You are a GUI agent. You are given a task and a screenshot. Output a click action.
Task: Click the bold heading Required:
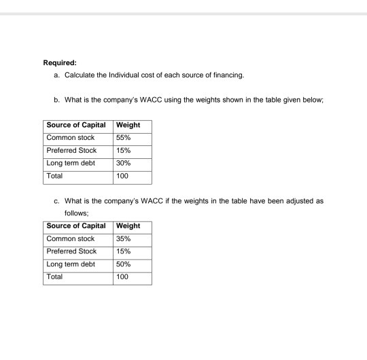(60, 65)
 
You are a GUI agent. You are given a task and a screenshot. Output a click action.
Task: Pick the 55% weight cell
(124, 138)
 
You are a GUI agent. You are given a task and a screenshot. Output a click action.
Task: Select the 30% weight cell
(124, 163)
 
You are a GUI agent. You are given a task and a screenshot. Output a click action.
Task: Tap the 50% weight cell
(124, 265)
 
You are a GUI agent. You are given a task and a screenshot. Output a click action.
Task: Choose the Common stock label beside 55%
(70, 138)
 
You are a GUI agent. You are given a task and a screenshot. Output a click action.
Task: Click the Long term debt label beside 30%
(71, 163)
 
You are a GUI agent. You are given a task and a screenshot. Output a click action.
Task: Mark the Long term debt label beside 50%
(71, 265)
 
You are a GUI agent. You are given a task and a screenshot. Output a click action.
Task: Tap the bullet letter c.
(55, 202)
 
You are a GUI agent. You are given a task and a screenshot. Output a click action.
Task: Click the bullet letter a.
(55, 77)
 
